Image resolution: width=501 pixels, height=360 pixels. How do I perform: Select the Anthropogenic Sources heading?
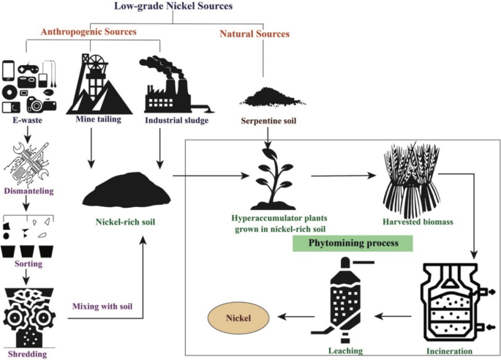coord(99,33)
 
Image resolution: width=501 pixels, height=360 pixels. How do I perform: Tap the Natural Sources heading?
coord(255,33)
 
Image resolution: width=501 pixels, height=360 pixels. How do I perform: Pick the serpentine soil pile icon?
coord(265,97)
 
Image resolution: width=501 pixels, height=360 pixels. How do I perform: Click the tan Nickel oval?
coord(239,318)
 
